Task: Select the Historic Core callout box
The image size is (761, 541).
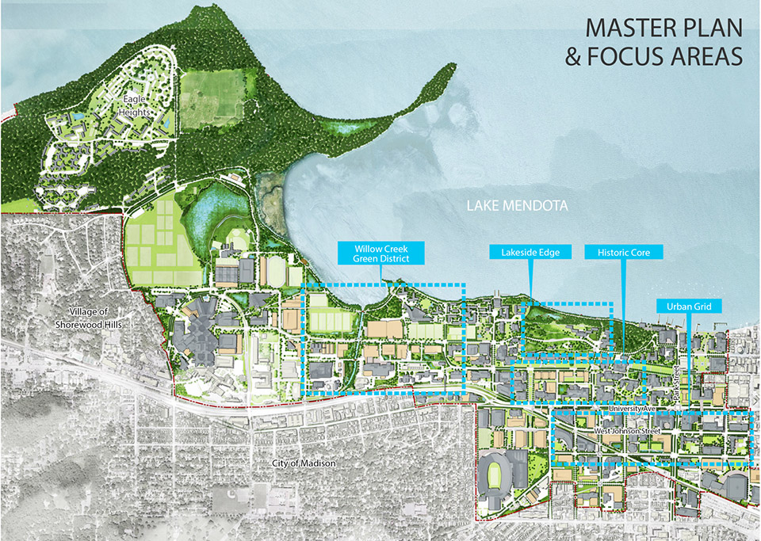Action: (623, 253)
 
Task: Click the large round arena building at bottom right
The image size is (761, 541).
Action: (739, 488)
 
